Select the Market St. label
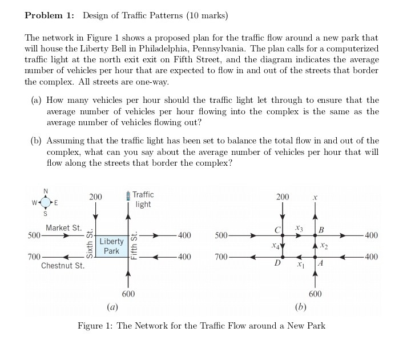(64, 227)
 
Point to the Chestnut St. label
(63, 266)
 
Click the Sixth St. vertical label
(89, 245)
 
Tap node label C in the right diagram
(277, 230)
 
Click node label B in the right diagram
(321, 230)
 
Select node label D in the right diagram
(277, 263)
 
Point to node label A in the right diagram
(320, 263)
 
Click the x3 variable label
(297, 228)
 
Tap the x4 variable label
(276, 246)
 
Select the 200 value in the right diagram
(283, 197)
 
